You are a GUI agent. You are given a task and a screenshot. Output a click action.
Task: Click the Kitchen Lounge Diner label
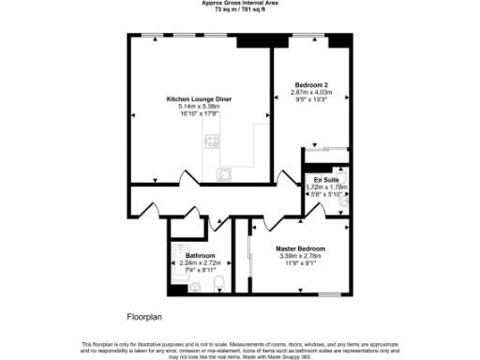[199, 98]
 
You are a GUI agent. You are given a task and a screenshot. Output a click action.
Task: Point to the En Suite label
[326, 178]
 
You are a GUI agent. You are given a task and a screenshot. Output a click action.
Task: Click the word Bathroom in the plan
[201, 255]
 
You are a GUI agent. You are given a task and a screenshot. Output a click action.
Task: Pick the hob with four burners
[213, 143]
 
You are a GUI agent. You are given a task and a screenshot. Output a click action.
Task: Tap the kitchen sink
[225, 173]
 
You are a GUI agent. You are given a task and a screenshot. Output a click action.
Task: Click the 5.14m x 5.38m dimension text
[199, 106]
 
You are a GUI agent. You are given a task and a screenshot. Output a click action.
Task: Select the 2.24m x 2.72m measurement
[201, 262]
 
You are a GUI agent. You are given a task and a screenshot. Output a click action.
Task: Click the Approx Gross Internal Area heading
[239, 3]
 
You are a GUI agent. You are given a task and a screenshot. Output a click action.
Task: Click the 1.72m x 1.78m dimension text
[326, 187]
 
